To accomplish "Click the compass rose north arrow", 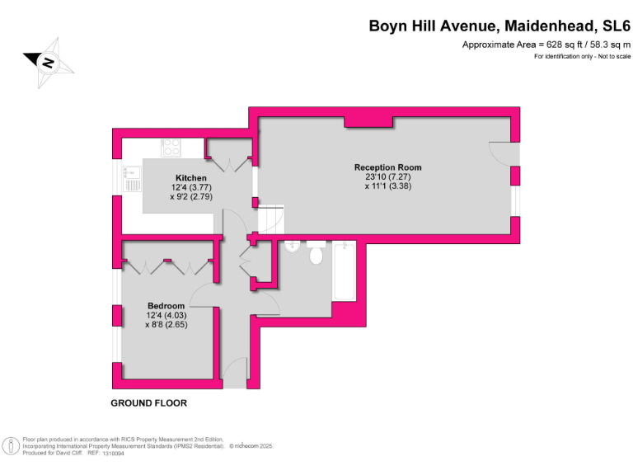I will tap(47, 61).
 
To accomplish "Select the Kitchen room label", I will tap(190, 178).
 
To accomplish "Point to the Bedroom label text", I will tap(166, 307).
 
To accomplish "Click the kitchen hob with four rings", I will tap(171, 147).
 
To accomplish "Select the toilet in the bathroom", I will tap(315, 253).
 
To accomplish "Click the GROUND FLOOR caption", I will tap(149, 403).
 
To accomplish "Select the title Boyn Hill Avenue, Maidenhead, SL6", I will tap(499, 26).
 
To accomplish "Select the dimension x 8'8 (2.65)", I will tap(166, 325).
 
